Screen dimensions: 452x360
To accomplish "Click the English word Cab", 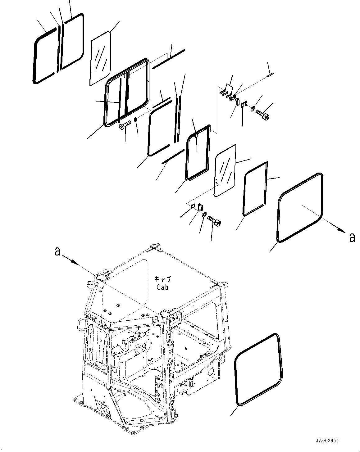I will coord(162,287).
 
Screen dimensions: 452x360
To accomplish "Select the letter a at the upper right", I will coord(352,237).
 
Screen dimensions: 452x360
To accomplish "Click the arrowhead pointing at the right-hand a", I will coord(342,231).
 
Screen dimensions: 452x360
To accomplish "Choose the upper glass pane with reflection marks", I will coord(101,58).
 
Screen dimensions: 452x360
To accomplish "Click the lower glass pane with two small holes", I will coord(225,170).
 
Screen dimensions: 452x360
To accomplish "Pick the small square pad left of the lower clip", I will coord(193,206).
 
